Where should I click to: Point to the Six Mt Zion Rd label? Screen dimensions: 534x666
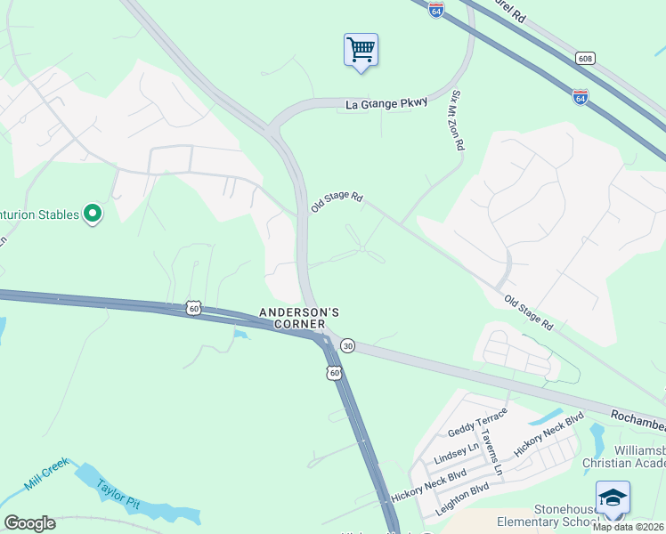pyautogui.click(x=458, y=119)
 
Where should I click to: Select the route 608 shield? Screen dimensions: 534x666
pyautogui.click(x=585, y=59)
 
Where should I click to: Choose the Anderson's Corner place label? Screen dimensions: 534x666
pyautogui.click(x=299, y=318)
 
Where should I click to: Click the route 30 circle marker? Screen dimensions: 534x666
pyautogui.click(x=348, y=345)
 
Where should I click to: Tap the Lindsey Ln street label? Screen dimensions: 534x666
pyautogui.click(x=455, y=452)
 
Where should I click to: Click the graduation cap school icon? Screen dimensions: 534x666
pyautogui.click(x=613, y=497)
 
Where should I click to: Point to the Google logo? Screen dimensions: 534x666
pyautogui.click(x=29, y=523)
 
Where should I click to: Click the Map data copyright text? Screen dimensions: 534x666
pyautogui.click(x=629, y=527)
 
